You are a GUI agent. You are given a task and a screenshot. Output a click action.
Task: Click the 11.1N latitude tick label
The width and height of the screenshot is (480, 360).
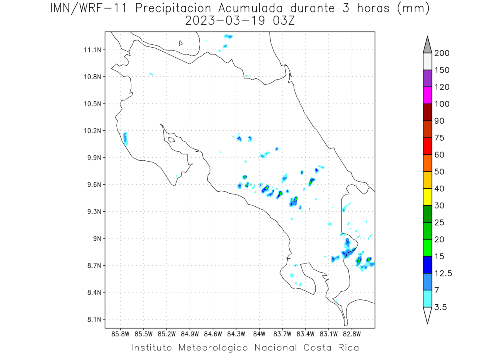92,50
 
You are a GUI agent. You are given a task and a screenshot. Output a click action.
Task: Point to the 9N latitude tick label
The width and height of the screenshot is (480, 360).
97,238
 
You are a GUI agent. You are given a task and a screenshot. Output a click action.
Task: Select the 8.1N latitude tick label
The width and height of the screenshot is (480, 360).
94,319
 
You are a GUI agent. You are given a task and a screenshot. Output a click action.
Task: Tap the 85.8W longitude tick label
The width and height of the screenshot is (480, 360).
120,334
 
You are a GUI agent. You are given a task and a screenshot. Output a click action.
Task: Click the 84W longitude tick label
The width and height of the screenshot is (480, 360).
259,334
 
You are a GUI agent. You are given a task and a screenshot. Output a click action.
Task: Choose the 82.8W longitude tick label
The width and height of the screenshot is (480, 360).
352,334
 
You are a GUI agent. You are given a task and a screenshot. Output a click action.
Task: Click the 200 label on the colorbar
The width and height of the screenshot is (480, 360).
442,53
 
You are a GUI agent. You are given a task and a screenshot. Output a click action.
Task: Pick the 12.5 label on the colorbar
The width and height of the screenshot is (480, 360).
443,274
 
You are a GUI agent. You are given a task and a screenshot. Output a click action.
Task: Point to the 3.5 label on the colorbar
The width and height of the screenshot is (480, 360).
440,307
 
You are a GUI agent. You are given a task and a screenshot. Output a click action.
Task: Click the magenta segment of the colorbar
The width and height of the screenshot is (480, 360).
427,95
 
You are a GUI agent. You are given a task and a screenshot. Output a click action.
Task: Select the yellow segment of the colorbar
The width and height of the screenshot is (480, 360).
427,197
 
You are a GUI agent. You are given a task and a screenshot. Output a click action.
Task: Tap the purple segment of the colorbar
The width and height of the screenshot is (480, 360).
427,78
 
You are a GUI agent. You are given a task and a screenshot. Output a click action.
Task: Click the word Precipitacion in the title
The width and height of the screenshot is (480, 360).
173,8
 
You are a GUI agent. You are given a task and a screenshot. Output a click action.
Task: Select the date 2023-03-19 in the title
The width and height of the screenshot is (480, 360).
225,21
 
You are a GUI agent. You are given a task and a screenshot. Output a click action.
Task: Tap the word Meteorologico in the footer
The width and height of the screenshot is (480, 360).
213,348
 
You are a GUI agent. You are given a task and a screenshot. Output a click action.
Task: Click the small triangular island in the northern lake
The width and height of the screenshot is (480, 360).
180,43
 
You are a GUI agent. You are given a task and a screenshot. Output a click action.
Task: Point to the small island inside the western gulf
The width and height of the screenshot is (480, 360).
172,140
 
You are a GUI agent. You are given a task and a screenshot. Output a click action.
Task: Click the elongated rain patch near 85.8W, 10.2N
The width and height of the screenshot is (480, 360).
125,139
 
